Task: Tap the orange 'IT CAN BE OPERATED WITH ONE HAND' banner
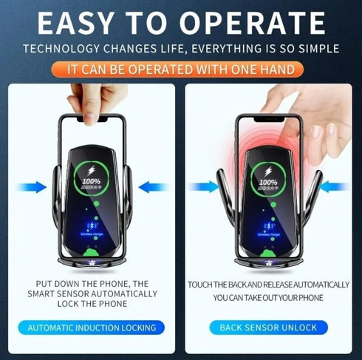[181, 69]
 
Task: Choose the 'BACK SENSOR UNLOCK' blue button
[269, 327]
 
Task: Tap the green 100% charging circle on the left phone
[92, 178]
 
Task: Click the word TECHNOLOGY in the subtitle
[60, 49]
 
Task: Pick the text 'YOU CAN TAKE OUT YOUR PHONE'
[268, 298]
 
